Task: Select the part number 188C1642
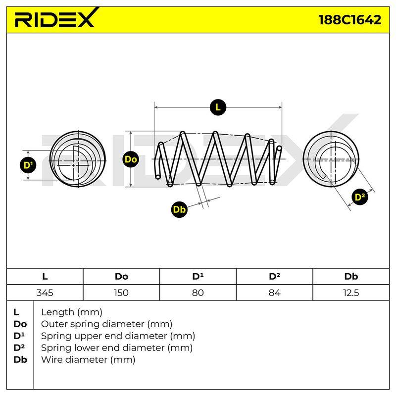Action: [350, 20]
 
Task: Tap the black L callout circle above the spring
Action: [218, 107]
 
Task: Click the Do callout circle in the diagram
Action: [131, 159]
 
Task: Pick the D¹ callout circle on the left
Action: [28, 165]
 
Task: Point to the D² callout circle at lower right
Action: [360, 197]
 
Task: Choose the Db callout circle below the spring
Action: [179, 209]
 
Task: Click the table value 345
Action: [45, 293]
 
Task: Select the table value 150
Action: [121, 293]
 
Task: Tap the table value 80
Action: [198, 293]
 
